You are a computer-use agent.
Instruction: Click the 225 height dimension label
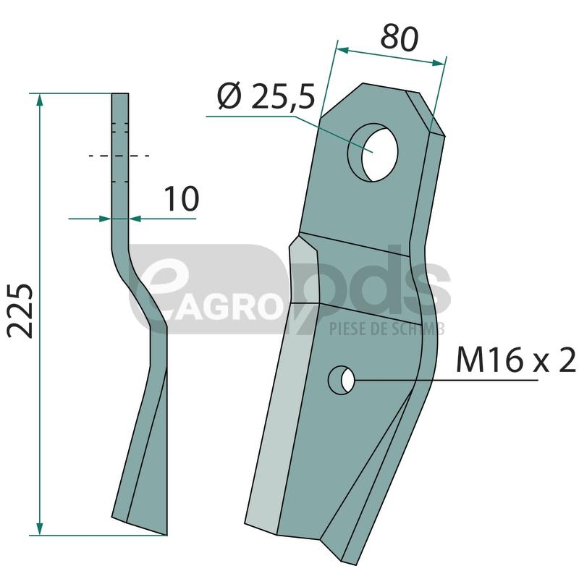tap(21, 311)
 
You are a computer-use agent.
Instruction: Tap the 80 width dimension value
tap(400, 38)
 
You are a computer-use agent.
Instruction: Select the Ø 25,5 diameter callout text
tap(266, 97)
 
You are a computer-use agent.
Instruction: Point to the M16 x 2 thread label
tap(516, 359)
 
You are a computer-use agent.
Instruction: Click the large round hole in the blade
tap(373, 152)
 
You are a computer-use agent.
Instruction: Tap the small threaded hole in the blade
tap(342, 380)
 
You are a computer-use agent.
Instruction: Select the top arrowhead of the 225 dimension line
tap(40, 100)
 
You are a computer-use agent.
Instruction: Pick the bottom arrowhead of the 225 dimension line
tap(40, 528)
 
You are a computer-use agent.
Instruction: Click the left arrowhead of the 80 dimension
tap(343, 50)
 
